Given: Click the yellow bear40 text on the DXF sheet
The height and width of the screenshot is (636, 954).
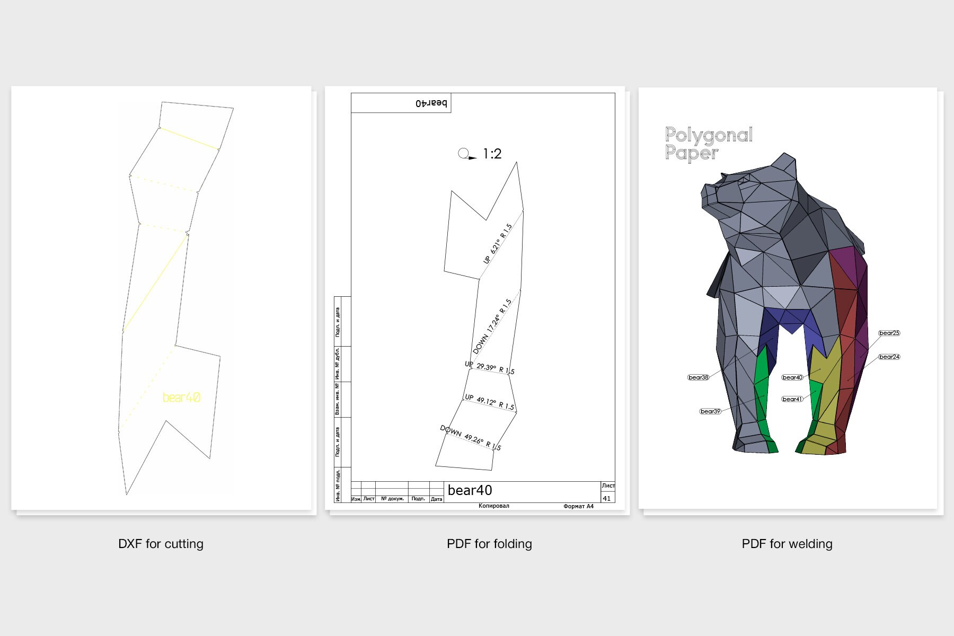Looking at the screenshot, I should (x=181, y=397).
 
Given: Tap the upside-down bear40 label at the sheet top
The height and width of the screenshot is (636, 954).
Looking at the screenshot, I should (x=431, y=103).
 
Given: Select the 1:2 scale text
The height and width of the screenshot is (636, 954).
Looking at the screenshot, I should (x=492, y=154).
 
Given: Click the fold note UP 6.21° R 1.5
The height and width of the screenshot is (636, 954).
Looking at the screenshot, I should (x=498, y=244).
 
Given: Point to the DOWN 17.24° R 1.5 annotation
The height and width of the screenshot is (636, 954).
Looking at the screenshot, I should (x=492, y=326).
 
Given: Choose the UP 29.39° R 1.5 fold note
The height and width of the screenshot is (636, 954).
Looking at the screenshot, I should (x=489, y=367).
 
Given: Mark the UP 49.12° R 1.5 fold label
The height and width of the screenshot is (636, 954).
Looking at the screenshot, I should (x=489, y=402).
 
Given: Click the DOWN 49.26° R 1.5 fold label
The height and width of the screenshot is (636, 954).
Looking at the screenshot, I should (x=471, y=438).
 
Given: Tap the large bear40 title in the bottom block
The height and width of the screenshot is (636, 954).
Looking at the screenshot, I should (x=470, y=490).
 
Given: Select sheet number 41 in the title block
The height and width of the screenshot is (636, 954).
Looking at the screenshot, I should (x=607, y=498).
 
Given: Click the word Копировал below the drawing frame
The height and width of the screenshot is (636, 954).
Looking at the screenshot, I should (x=493, y=506).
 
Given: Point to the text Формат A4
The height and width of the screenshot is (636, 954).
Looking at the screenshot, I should (x=578, y=506).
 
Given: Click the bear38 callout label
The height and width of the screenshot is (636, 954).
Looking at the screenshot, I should (x=698, y=377).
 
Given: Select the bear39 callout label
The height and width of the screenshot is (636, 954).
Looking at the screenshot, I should (x=710, y=411).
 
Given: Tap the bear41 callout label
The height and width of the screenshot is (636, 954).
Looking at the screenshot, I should (x=792, y=399).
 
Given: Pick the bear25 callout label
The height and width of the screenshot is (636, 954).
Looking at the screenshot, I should (x=889, y=333).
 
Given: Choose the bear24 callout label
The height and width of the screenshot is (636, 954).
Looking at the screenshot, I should (x=889, y=357).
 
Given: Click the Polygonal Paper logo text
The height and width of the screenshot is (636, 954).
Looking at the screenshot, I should (x=709, y=144).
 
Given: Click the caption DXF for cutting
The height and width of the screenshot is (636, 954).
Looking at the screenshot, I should (x=161, y=544).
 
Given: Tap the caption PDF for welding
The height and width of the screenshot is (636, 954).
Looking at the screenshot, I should (x=787, y=544).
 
